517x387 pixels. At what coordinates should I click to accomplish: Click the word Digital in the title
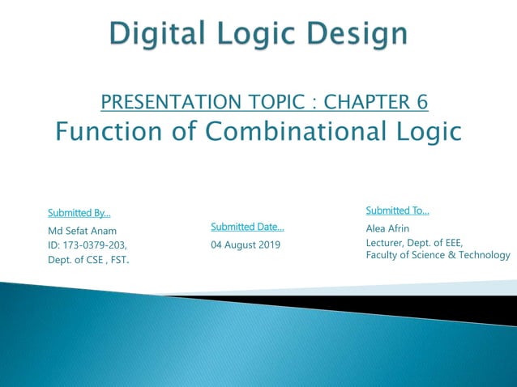[x=155, y=34]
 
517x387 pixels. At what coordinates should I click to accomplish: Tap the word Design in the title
[x=357, y=34]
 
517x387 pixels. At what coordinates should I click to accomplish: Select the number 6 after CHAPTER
[x=421, y=101]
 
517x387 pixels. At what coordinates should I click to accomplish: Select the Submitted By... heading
[x=79, y=213]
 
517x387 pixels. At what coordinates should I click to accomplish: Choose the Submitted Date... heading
[x=247, y=227]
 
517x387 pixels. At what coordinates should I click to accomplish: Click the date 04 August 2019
[x=246, y=245]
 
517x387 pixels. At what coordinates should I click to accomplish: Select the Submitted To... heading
[x=397, y=211]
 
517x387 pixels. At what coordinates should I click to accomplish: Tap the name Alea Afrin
[x=387, y=228]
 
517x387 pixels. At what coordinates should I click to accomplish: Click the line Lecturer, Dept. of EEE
[x=414, y=242]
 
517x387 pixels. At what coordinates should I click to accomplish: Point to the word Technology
[x=485, y=255]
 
